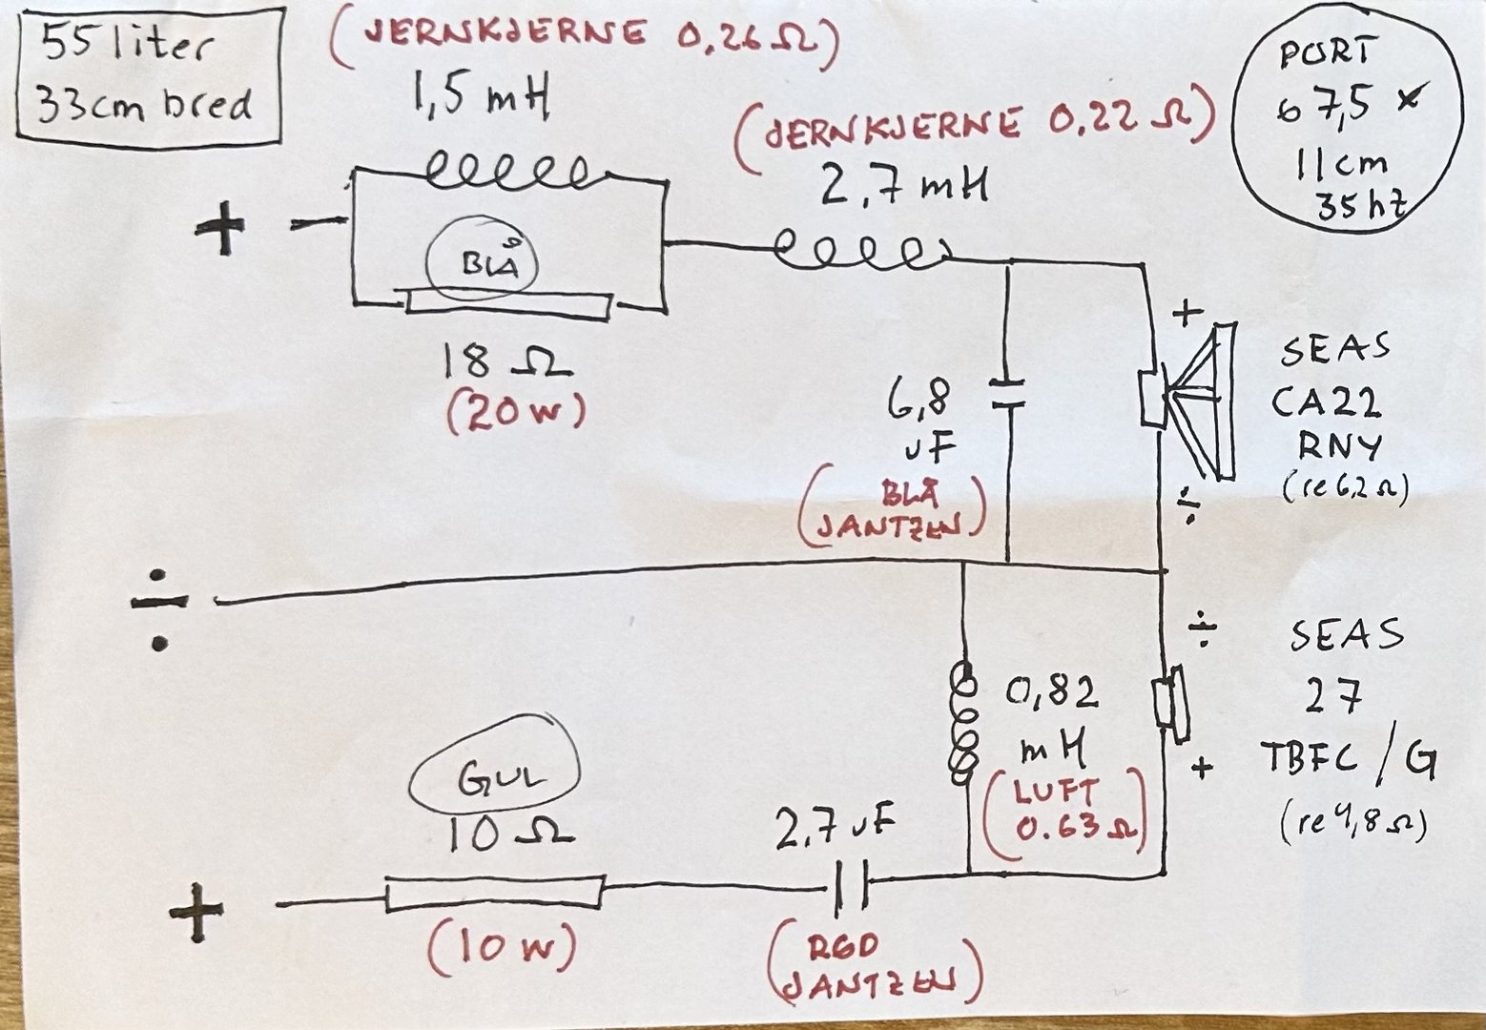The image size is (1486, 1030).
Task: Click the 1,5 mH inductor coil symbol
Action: coord(510,173)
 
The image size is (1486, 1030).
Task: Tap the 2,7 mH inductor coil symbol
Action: coord(858,250)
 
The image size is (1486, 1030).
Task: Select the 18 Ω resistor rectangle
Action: coord(508,303)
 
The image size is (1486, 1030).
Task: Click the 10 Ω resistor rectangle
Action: coord(494,895)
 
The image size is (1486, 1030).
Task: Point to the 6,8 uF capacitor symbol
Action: coord(1008,395)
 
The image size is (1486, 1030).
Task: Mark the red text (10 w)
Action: coord(502,949)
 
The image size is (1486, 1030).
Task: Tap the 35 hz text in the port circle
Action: coord(1361,204)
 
